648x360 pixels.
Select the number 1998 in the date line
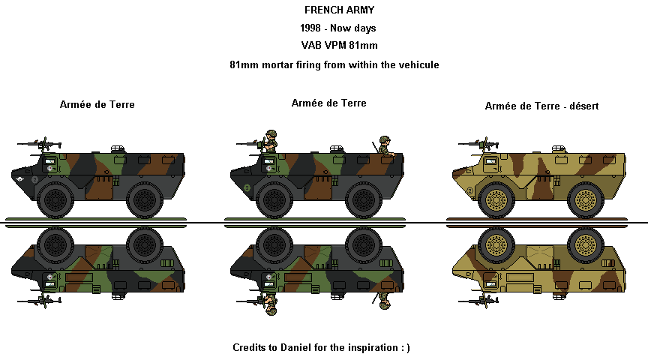point(313,28)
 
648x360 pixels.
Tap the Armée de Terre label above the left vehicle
point(97,105)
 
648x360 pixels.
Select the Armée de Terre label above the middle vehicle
point(328,103)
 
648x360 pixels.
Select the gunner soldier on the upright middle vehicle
point(270,141)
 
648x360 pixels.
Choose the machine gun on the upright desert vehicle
point(478,143)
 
